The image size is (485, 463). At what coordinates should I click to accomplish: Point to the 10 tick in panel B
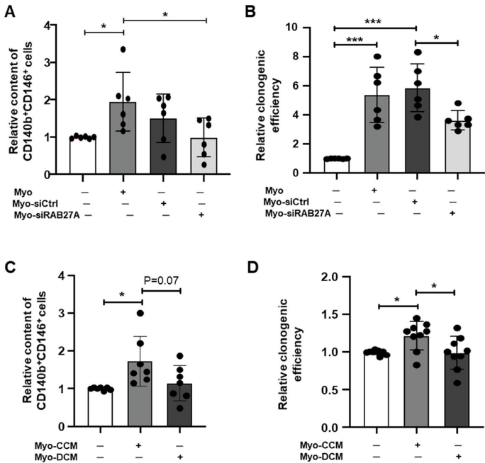pyautogui.click(x=305, y=28)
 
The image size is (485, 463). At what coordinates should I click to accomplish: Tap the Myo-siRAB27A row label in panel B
pyautogui.click(x=294, y=213)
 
